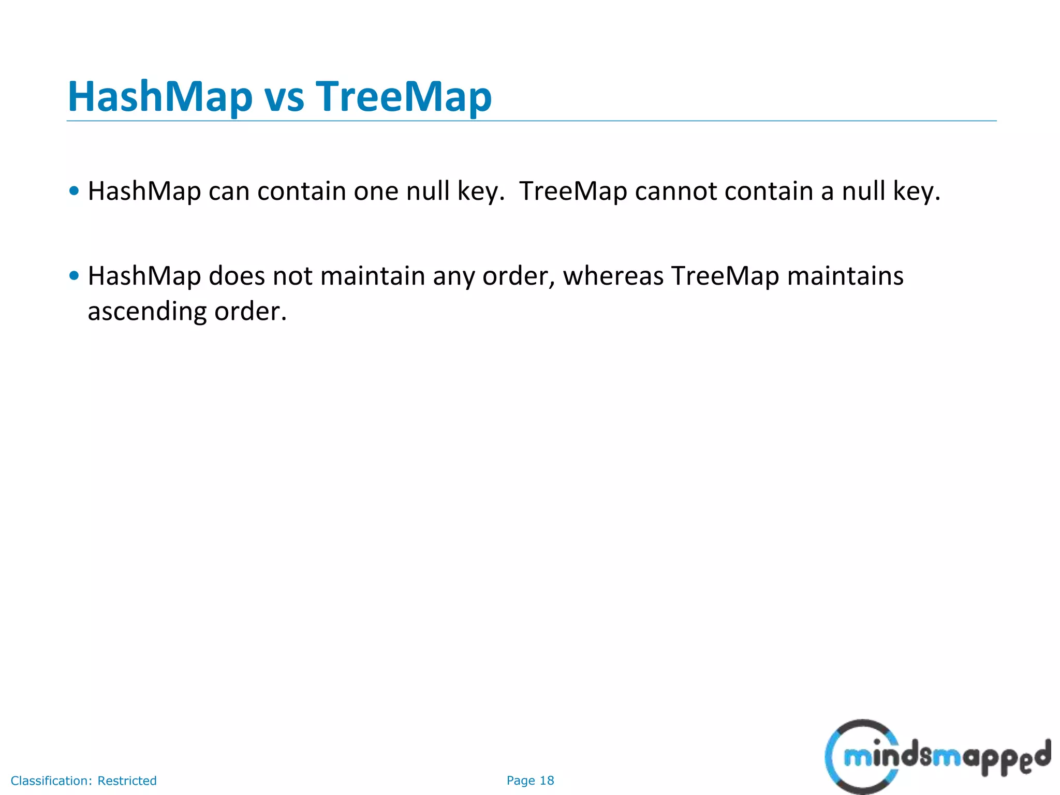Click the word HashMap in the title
point(159,97)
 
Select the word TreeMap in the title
point(404,97)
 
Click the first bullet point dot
point(75,191)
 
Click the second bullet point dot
point(75,276)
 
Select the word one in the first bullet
point(376,192)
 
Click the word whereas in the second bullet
point(613,276)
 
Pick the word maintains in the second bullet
point(845,276)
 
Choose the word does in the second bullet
point(237,276)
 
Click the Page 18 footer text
point(530,781)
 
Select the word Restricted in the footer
point(127,781)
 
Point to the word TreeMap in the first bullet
point(573,191)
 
